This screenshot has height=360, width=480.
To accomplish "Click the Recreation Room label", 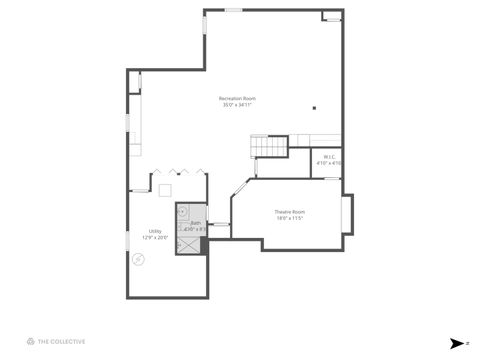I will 237,98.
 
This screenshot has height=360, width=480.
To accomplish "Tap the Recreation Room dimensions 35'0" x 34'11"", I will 237,105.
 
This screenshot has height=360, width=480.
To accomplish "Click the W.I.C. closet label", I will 328,156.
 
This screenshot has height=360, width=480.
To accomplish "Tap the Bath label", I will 196,223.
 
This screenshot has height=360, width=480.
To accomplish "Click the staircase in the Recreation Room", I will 268,147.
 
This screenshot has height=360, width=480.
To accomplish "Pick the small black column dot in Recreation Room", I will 314,107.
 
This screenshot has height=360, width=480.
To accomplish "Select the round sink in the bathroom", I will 183,212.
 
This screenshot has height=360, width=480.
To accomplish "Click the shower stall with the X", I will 185,243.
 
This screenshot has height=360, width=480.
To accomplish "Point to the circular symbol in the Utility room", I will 139,259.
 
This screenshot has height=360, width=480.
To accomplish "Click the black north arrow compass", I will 457,342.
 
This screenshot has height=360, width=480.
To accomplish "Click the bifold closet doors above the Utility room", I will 184,171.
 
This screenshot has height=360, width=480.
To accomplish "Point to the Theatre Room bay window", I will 347,214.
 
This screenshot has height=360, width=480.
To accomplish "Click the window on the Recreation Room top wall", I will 233,10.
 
